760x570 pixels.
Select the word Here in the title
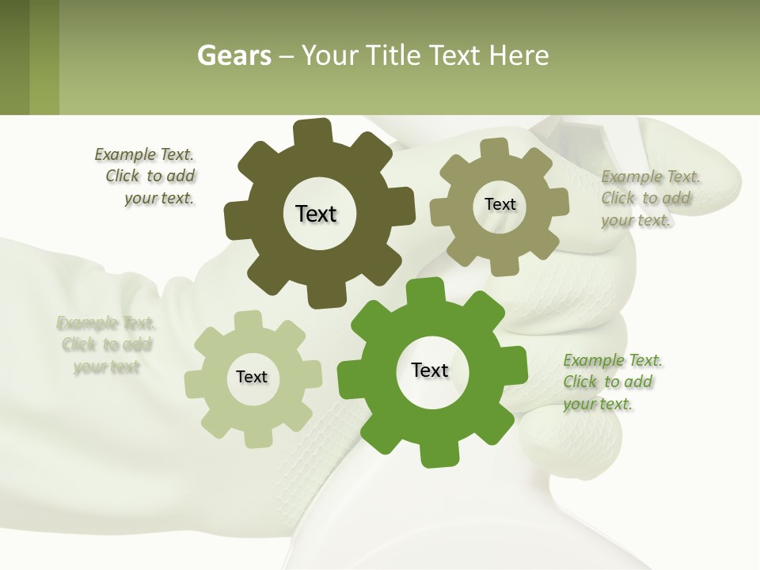click(519, 55)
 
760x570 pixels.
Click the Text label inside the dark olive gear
click(316, 214)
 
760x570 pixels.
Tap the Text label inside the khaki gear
click(500, 204)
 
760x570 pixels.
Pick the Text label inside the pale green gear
click(252, 377)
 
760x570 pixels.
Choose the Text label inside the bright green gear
click(430, 370)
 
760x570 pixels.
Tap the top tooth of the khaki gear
click(495, 146)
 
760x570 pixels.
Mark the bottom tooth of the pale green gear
click(256, 438)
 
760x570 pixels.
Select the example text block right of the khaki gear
click(649, 199)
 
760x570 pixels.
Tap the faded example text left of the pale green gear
click(106, 345)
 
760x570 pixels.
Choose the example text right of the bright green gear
click(612, 382)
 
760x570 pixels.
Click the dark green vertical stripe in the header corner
click(14, 57)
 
